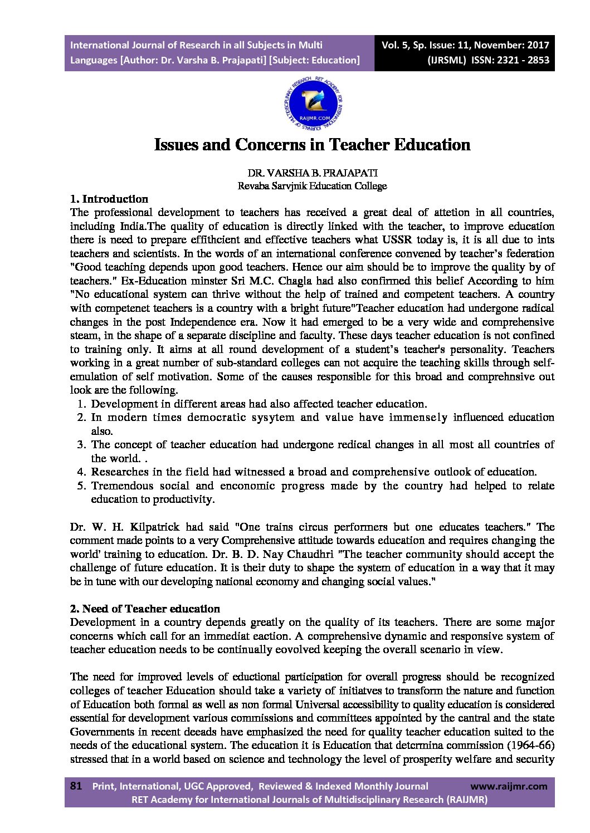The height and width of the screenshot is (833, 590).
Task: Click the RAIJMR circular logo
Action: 313,104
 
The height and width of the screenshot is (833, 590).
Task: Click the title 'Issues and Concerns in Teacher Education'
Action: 312,145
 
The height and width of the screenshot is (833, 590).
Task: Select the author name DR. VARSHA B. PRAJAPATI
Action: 313,173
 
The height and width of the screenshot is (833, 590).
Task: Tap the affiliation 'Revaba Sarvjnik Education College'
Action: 312,186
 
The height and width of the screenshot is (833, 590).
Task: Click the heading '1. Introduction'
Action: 109,199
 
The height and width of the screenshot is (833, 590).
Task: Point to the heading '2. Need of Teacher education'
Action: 145,609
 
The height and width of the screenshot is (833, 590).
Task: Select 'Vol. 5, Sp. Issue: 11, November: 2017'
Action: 465,46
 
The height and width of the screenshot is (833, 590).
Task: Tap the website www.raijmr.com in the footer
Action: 509,786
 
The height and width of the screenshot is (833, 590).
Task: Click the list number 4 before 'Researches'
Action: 81,472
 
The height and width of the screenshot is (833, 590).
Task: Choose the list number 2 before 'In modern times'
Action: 81,418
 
